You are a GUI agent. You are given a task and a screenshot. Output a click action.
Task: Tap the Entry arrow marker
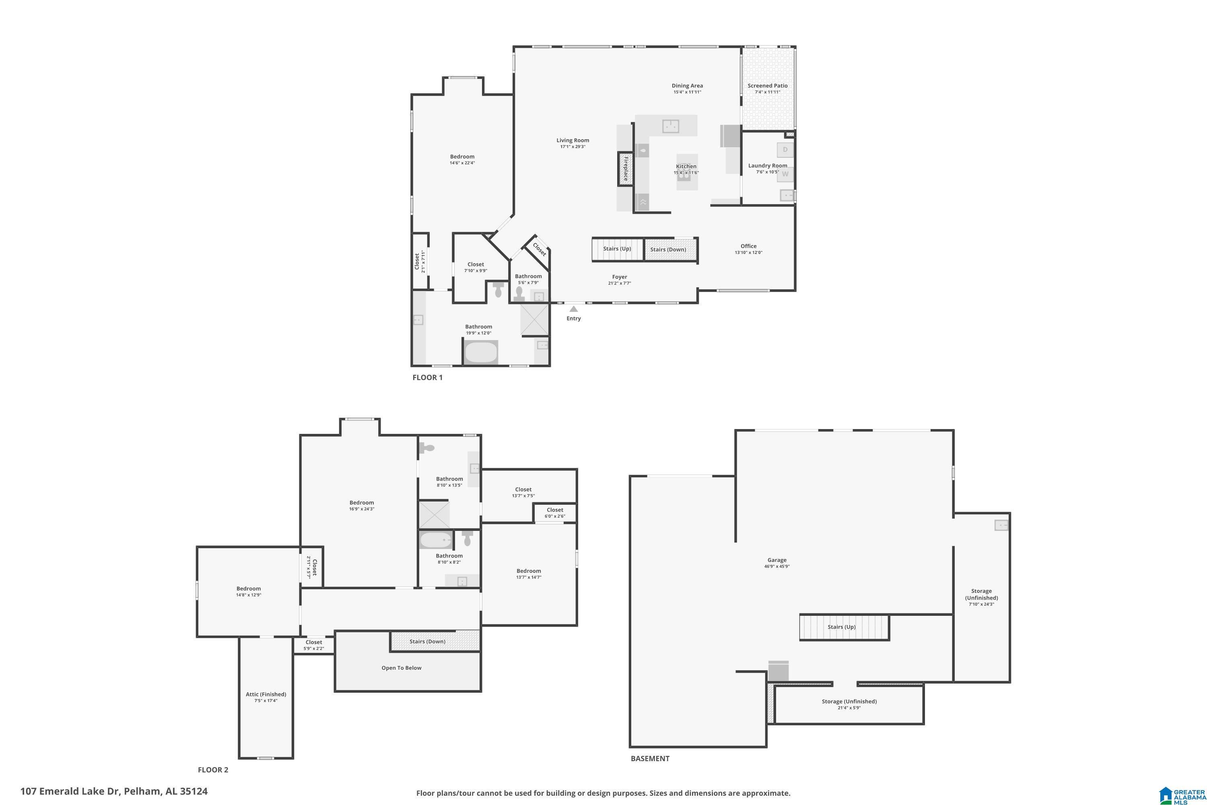[574, 309]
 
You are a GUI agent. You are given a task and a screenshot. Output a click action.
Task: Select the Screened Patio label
[767, 86]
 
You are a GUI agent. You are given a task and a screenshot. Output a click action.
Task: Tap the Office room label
[748, 246]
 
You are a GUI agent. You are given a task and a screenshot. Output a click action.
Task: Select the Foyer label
[620, 277]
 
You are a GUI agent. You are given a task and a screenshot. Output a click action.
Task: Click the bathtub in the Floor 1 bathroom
[481, 352]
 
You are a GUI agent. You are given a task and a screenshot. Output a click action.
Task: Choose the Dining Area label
[687, 86]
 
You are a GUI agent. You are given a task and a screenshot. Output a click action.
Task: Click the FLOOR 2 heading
[213, 770]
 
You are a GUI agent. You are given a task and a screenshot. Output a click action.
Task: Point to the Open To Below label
[401, 668]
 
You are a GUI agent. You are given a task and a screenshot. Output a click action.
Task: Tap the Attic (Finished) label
[266, 694]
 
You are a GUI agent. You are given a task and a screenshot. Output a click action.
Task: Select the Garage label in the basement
[777, 560]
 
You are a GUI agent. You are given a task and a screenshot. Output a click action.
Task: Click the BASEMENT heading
[650, 758]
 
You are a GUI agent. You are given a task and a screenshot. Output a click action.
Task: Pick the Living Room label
[573, 140]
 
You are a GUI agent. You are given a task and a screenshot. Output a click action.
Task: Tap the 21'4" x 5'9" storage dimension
[849, 708]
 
